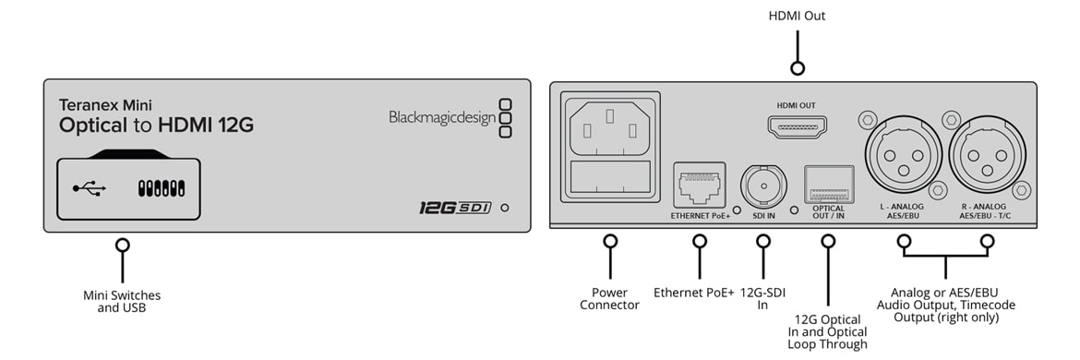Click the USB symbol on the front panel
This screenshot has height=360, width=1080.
(x=90, y=188)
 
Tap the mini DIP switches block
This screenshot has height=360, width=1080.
(x=162, y=188)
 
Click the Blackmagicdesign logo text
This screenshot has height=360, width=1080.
(x=442, y=118)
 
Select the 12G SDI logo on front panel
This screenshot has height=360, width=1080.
(x=455, y=207)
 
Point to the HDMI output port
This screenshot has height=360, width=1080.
(x=797, y=126)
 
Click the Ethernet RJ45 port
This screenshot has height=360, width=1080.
(x=699, y=185)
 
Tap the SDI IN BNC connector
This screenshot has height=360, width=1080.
(x=762, y=185)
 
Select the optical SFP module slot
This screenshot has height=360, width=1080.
(x=829, y=184)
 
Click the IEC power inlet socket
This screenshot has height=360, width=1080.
(x=609, y=148)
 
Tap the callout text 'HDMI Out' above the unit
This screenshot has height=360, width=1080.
(x=797, y=15)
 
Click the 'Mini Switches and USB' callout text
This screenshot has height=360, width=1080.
(x=122, y=302)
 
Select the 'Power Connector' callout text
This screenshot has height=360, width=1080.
(x=609, y=299)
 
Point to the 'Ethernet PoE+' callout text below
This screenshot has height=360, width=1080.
(x=694, y=293)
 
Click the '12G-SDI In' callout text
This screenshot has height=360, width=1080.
(x=762, y=299)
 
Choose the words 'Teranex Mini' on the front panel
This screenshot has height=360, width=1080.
(x=105, y=105)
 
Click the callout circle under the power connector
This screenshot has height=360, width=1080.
(x=609, y=241)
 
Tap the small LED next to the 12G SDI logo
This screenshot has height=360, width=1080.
(x=505, y=207)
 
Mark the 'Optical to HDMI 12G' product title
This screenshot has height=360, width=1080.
(x=156, y=126)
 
